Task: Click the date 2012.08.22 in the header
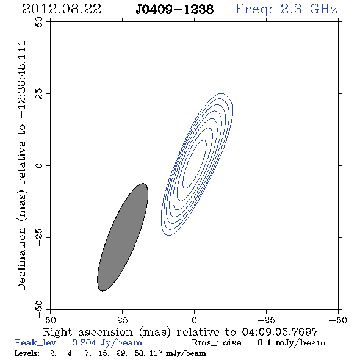62,9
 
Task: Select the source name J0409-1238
175,9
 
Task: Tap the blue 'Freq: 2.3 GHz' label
286,10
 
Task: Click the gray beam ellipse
123,237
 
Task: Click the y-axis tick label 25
39,94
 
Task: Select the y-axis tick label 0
39,165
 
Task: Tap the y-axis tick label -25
39,237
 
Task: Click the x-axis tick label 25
122,320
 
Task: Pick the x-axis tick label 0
194,320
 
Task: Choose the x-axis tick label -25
266,320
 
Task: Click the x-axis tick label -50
338,320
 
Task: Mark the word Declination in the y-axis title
21,259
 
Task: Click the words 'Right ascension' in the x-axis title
88,332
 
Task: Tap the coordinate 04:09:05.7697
280,332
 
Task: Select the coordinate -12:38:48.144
21,80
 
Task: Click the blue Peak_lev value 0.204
84,342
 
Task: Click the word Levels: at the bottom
27,353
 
